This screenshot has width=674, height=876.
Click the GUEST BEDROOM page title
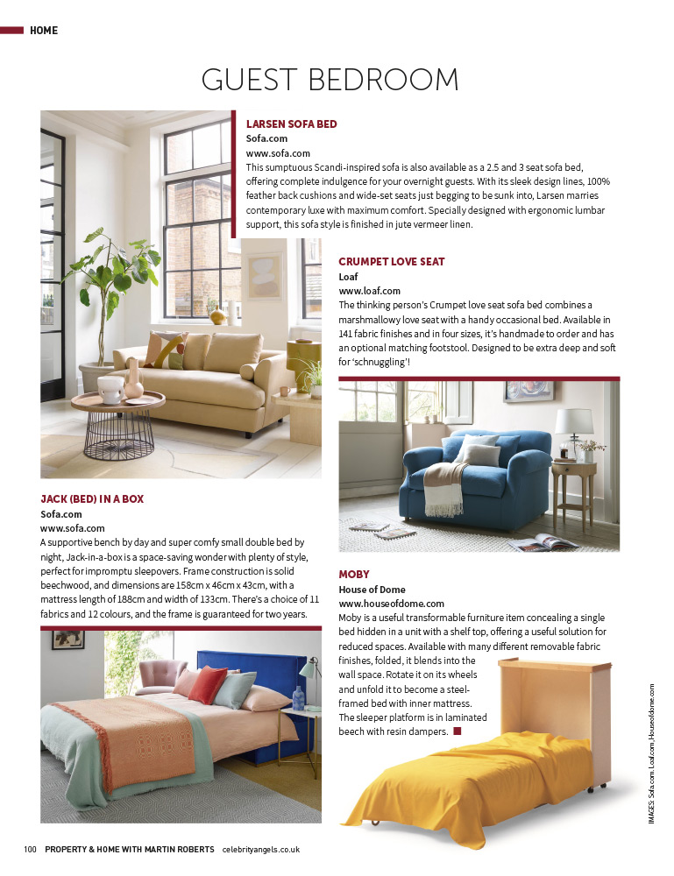330,80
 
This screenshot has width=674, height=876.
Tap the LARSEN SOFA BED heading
291,124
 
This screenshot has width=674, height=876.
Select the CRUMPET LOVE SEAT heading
391,261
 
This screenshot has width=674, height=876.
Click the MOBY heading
354,574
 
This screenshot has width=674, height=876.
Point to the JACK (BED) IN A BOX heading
92,498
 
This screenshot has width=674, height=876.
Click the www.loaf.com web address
369,291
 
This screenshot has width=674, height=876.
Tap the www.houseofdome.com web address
391,604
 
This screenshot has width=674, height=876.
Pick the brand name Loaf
348,276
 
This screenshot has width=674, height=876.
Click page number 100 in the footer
30,849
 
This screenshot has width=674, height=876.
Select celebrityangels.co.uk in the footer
261,849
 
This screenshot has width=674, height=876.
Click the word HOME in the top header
44,31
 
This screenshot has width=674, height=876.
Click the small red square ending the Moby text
457,731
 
